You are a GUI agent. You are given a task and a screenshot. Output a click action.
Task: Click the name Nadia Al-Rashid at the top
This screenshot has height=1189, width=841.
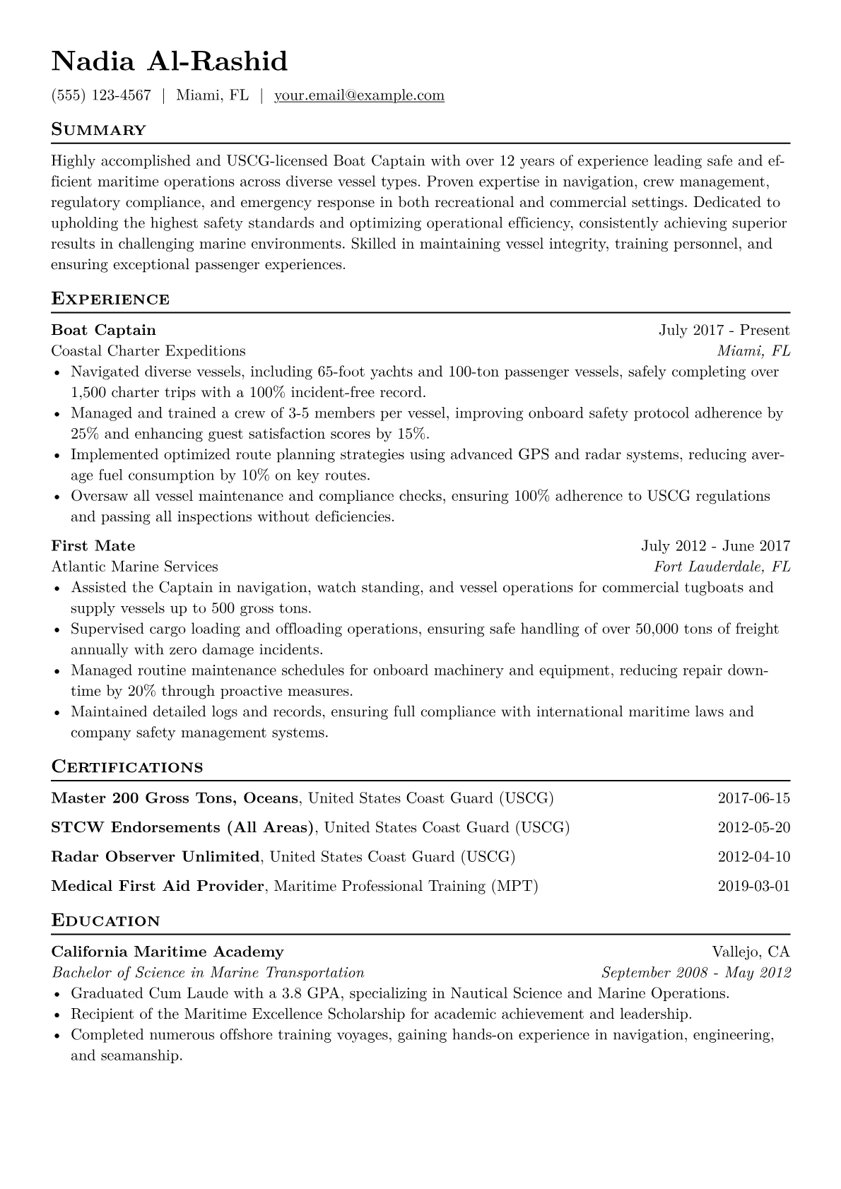pos(170,61)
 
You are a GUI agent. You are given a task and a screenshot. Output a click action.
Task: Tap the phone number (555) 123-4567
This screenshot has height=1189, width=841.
pos(101,95)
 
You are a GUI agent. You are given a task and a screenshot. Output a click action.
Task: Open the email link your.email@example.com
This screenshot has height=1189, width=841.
pos(359,95)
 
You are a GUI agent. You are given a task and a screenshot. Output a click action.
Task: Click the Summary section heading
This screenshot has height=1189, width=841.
pos(98,130)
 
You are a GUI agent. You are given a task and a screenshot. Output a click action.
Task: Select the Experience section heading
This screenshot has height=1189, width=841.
pos(110,299)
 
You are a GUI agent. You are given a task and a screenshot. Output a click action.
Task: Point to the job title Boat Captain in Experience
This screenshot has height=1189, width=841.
pos(104,330)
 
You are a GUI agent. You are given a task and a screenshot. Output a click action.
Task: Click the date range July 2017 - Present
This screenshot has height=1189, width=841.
pos(724,330)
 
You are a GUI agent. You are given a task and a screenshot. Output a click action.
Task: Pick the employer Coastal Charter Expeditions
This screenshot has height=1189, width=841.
pos(148,350)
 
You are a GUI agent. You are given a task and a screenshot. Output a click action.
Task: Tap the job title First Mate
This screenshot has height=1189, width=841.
pos(93,545)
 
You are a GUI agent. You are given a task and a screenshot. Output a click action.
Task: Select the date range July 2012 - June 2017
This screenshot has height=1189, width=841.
pos(715,545)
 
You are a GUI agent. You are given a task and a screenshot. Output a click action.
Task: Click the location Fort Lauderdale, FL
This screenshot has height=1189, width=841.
pos(722,567)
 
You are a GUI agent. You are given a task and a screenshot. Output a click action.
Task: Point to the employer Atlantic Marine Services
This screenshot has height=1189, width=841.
pos(135,567)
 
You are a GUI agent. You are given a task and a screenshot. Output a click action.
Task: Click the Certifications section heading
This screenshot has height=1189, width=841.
pos(127,767)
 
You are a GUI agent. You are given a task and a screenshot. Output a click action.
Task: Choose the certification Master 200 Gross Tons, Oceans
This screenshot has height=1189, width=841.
pos(175,798)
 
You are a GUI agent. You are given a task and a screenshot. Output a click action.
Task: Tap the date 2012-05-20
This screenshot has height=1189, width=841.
pos(753,827)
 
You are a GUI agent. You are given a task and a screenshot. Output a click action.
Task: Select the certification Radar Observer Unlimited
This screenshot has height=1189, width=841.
pos(155,857)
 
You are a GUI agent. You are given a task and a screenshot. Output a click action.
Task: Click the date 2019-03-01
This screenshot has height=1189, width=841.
pos(753,886)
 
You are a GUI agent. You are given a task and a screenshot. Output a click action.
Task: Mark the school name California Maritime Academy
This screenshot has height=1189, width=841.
pos(167,952)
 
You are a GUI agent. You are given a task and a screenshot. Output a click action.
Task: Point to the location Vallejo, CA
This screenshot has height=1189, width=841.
pos(751,952)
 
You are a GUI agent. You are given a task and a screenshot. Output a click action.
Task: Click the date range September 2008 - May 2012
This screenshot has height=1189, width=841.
pos(695,973)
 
